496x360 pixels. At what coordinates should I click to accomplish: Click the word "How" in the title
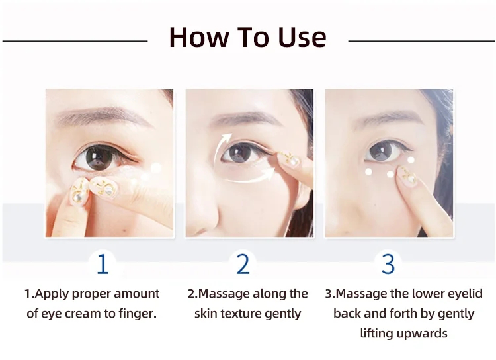pyautogui.click(x=199, y=37)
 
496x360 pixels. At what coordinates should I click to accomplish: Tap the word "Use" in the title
pyautogui.click(x=302, y=37)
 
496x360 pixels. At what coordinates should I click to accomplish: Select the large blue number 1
pyautogui.click(x=103, y=264)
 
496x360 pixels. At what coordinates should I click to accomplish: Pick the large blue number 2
pyautogui.click(x=243, y=264)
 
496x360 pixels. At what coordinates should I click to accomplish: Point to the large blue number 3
pyautogui.click(x=388, y=264)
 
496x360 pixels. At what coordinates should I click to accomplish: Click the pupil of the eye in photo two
pyautogui.click(x=241, y=154)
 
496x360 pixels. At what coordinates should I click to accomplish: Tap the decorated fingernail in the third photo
pyautogui.click(x=407, y=176)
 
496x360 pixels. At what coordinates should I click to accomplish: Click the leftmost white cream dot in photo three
pyautogui.click(x=368, y=172)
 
